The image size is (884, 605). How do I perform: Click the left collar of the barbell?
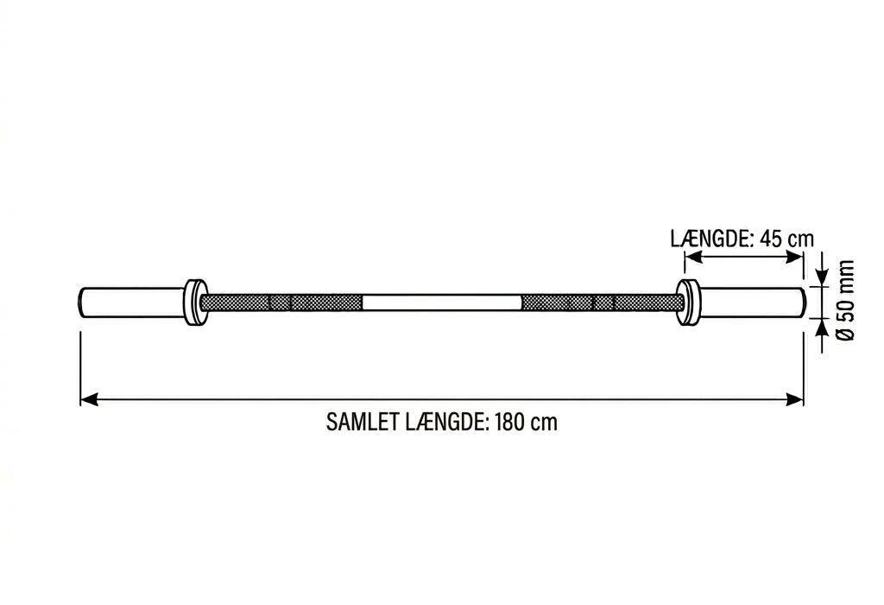tap(195, 302)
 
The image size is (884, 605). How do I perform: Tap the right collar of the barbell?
tap(688, 302)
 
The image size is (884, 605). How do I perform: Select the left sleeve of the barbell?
tap(133, 302)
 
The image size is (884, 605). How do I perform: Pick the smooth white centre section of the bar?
tap(442, 302)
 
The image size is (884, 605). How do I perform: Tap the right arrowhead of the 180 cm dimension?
tap(794, 399)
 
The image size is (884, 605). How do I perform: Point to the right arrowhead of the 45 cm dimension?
tap(794, 257)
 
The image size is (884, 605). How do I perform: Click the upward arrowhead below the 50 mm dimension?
tap(823, 328)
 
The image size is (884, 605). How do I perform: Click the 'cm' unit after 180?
tap(546, 423)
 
